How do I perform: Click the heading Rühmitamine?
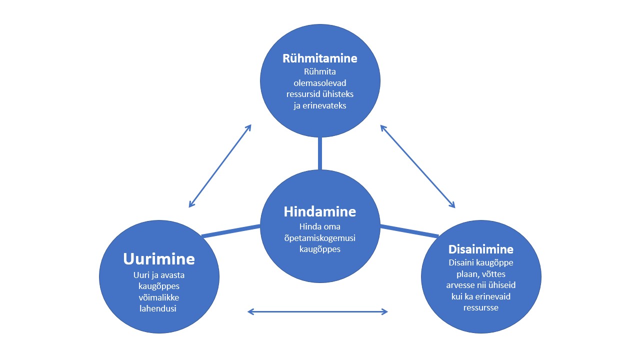320,58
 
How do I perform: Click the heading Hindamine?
320,211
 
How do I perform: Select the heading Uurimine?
159,259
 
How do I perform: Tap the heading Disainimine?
481,249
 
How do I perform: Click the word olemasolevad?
320,82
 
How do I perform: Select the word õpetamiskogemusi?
320,237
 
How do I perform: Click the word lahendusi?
159,308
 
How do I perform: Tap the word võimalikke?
159,297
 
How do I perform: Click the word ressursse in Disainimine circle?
481,307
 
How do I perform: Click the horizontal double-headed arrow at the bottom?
318,312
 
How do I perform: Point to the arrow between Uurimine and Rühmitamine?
220,166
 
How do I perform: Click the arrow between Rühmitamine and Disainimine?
418,166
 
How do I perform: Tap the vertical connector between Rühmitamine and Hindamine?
320,153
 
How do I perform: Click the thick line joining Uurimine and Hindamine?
230,231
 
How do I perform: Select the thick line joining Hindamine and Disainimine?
409,231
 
